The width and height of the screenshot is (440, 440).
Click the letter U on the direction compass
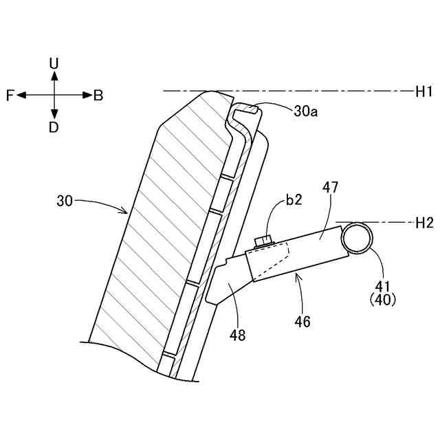point(54,63)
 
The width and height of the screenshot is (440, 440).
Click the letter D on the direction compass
point(54,127)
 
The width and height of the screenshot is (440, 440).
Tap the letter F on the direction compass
point(10,96)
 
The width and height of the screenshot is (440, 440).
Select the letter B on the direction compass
point(98,96)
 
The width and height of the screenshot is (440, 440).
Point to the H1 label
point(422,90)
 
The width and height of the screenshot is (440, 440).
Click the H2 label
point(422,222)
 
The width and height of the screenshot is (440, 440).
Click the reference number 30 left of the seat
point(65,201)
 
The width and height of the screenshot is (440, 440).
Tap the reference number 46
point(302,321)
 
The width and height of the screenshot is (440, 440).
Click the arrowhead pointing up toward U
point(54,75)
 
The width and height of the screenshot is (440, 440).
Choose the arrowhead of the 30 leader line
point(126,210)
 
